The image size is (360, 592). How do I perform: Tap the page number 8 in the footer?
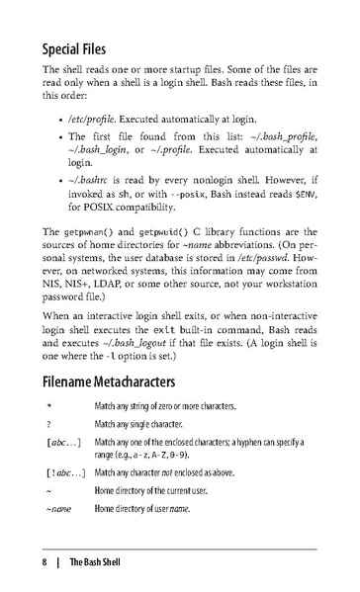(x=45, y=563)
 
